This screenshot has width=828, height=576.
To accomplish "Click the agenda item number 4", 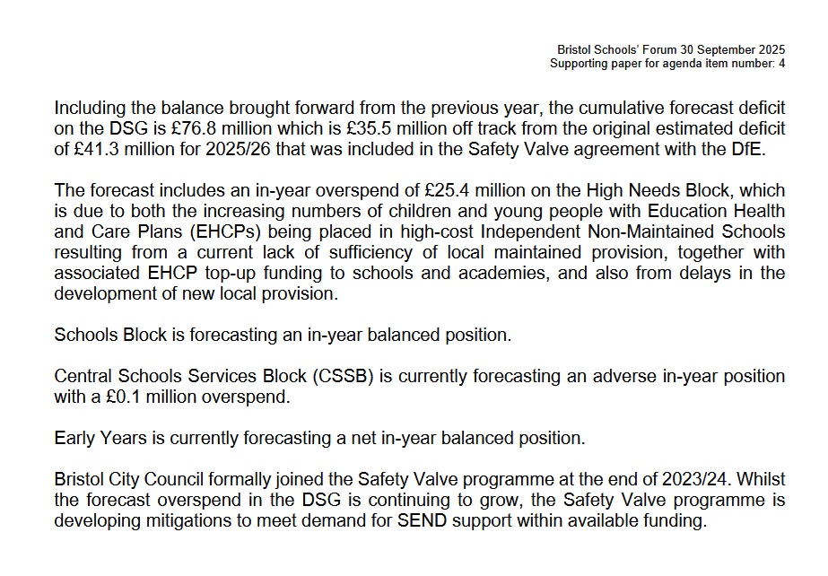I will tap(782, 64).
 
